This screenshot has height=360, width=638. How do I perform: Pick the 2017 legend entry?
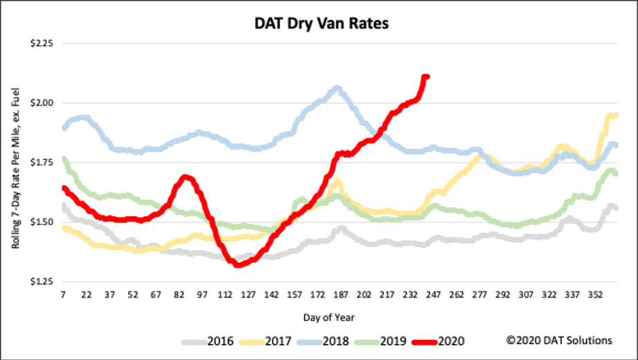280,341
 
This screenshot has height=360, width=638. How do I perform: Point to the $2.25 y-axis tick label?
41,43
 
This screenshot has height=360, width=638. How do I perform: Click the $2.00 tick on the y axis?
41,102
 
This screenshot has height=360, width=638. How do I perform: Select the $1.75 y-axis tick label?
41,162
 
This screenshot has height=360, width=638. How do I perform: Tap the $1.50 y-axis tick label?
41,222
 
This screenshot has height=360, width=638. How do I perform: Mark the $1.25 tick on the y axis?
41,282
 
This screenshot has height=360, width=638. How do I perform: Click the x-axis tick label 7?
63,295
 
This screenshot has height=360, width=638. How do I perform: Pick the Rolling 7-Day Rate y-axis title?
15,162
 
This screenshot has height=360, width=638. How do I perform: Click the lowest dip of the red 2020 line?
238,264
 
